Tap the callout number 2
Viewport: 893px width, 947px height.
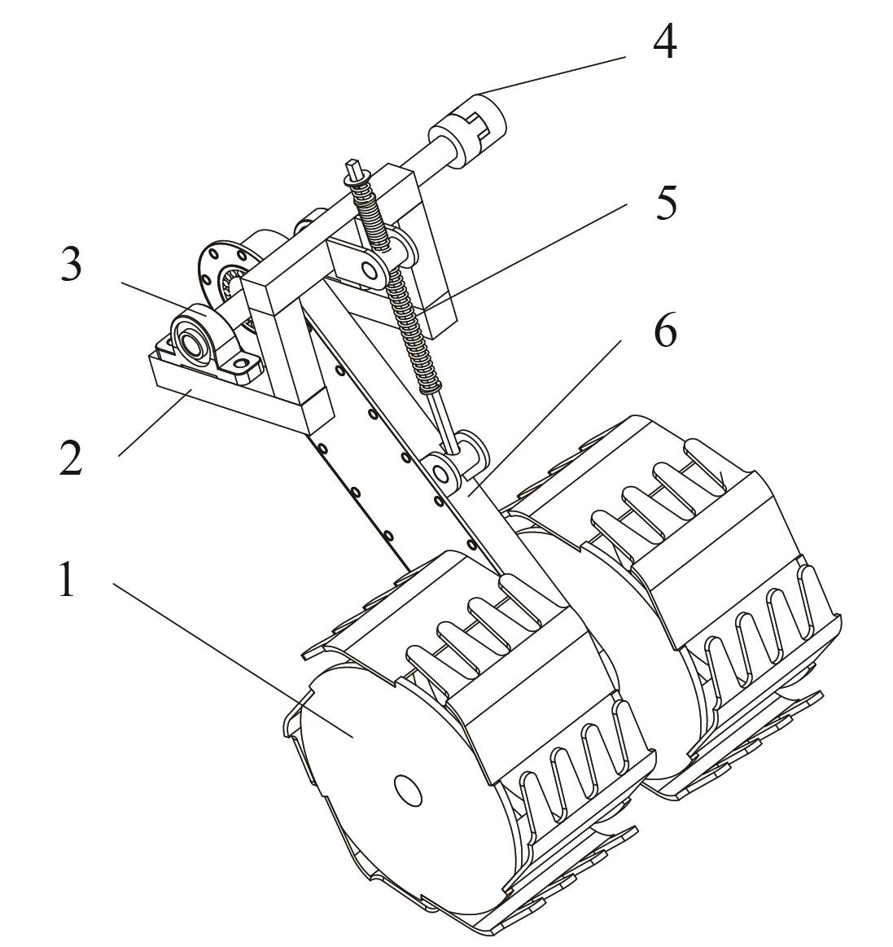[71, 457]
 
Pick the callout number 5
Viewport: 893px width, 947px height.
[666, 202]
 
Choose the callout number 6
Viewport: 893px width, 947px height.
[665, 330]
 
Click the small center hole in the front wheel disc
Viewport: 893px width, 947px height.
[408, 789]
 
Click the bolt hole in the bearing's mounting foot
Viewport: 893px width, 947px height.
[244, 365]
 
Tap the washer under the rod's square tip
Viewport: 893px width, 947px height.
[355, 179]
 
